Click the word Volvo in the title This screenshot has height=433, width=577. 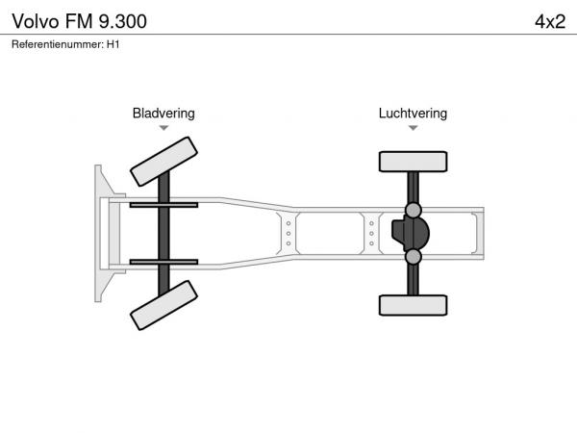pos(36,21)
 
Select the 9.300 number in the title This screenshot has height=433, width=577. pos(123,21)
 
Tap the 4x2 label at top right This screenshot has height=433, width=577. pos(550,22)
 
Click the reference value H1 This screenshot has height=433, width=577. pos(113,44)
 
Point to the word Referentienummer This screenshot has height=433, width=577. pos(58,44)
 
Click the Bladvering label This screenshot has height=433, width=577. pos(163,114)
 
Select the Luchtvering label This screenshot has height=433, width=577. pos(413,114)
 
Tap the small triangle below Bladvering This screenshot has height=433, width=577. pos(163,128)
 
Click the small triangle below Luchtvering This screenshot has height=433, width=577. pos(413,128)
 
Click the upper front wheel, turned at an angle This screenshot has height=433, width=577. pos(163,162)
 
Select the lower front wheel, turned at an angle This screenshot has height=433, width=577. pos(163,305)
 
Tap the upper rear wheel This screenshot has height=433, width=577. pos(413,162)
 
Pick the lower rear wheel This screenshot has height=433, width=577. pos(413,305)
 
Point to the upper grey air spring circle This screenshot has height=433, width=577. pos(414,210)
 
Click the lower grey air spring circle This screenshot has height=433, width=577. pos(414,257)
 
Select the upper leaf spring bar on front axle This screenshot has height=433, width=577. pos(163,205)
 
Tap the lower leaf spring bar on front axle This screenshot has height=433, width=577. pos(163,262)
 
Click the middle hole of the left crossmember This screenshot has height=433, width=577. pos(288,234)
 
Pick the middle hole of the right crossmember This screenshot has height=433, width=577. pos(371,234)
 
